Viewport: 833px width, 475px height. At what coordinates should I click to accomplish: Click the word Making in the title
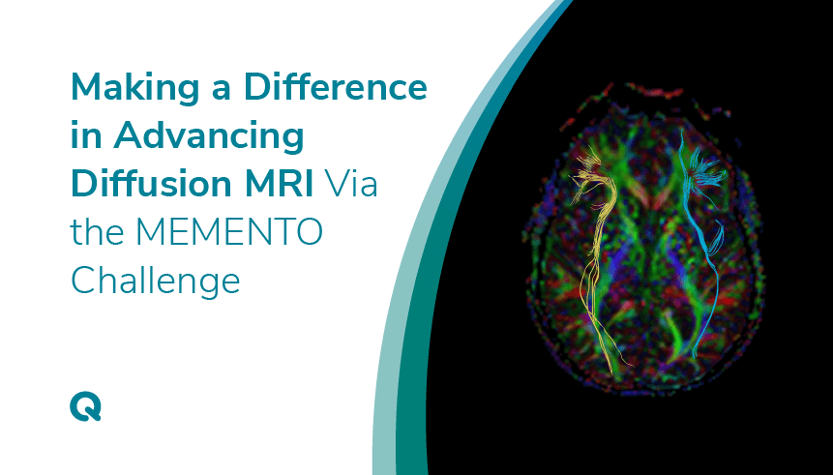(134, 88)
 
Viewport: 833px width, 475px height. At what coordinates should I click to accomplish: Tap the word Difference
(335, 87)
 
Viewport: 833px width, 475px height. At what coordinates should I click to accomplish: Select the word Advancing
(208, 136)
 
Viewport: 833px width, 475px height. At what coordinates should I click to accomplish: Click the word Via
(351, 184)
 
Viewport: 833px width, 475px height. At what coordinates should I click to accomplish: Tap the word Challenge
(155, 282)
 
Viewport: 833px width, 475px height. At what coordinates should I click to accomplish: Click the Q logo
(85, 406)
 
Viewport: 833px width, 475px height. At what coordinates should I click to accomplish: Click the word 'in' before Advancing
(86, 135)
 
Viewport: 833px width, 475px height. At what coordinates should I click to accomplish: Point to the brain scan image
(644, 239)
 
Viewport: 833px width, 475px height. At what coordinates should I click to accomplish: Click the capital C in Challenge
(84, 280)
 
